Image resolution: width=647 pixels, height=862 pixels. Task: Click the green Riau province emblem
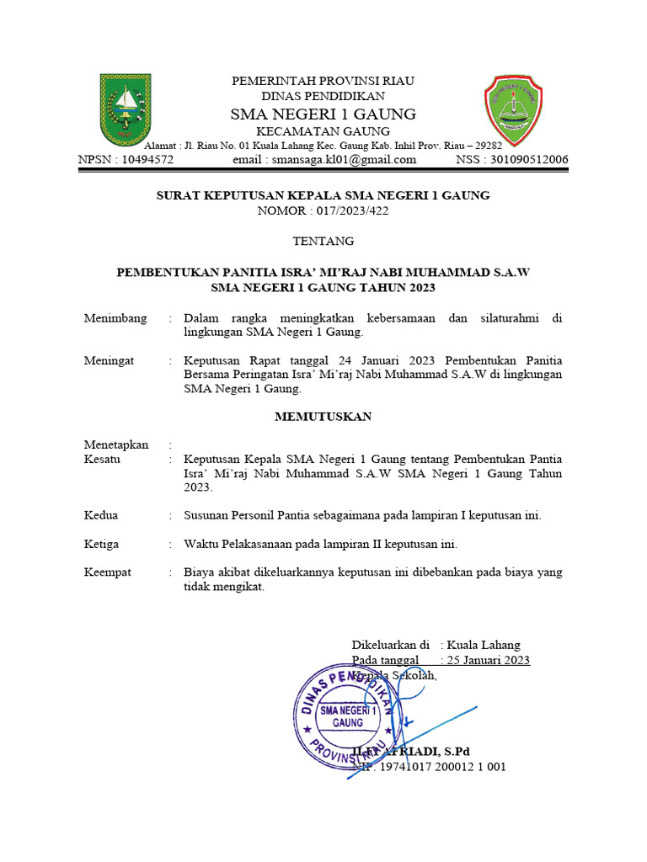(126, 108)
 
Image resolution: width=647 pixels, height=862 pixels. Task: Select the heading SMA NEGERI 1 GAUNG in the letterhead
(323, 114)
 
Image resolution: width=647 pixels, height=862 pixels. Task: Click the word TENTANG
(323, 242)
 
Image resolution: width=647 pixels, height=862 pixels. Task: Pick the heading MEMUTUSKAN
(323, 417)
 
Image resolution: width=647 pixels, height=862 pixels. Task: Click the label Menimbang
(115, 318)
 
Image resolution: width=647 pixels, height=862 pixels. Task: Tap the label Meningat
(110, 360)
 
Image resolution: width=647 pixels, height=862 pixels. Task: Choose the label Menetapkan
(116, 444)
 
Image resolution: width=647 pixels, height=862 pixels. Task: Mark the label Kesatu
(102, 460)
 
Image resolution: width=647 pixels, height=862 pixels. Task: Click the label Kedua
(101, 515)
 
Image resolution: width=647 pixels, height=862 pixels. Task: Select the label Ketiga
(101, 544)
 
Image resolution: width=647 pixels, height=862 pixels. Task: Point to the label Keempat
(108, 572)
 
